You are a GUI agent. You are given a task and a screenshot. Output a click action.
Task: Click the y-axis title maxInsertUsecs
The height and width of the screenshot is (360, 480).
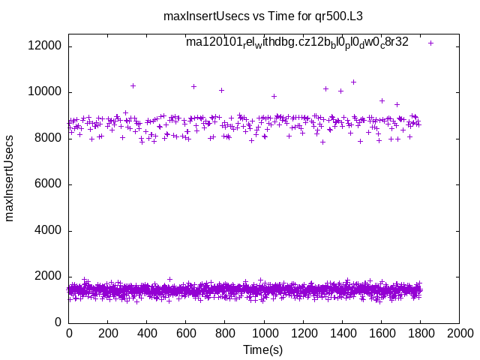pyautogui.click(x=10, y=178)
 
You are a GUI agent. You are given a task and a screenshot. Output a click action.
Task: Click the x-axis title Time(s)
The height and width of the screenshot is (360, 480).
pyautogui.click(x=263, y=349)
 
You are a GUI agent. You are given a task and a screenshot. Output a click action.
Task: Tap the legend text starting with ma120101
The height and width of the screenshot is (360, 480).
pyautogui.click(x=297, y=42)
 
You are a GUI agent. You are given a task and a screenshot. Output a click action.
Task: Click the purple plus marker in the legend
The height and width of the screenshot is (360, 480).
pyautogui.click(x=430, y=43)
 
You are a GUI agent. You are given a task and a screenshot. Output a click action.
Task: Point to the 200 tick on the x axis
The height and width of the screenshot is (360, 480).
pyautogui.click(x=108, y=332)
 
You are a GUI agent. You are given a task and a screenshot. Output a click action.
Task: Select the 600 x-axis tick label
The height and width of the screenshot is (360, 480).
pyautogui.click(x=186, y=332)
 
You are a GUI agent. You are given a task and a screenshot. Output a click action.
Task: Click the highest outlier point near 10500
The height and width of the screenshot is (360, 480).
pyautogui.click(x=353, y=82)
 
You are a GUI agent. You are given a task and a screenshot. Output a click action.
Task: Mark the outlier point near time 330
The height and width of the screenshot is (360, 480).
pyautogui.click(x=133, y=85)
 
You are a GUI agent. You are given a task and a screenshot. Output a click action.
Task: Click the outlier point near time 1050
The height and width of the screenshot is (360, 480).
pyautogui.click(x=274, y=96)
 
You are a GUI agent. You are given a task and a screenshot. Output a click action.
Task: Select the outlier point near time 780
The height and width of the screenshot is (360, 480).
pyautogui.click(x=221, y=90)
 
